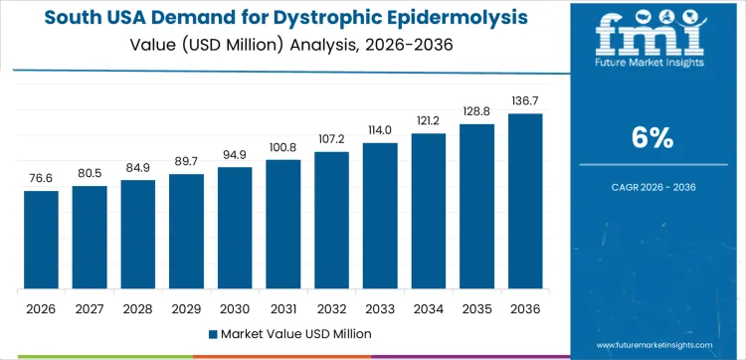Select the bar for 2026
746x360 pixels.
click(x=41, y=240)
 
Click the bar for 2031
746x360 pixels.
click(x=283, y=224)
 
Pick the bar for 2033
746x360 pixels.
click(x=380, y=216)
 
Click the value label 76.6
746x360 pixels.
click(x=41, y=178)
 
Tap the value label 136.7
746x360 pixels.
click(x=526, y=101)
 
